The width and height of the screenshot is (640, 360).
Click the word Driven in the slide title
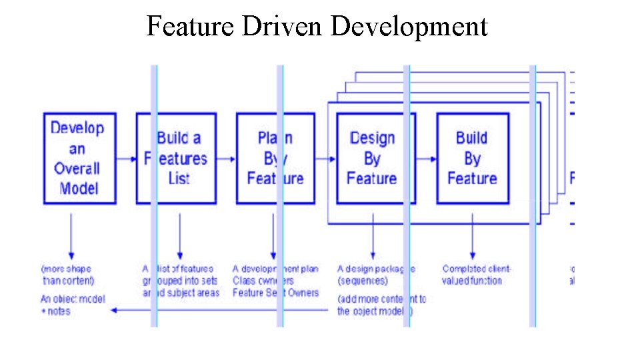(x=283, y=27)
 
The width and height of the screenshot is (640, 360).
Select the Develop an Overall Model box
(x=79, y=158)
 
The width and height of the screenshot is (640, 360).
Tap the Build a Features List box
(x=176, y=158)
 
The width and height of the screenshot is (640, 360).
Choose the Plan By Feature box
(x=275, y=158)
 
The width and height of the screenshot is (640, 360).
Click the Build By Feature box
(x=472, y=158)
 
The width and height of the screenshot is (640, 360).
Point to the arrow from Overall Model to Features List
(x=126, y=159)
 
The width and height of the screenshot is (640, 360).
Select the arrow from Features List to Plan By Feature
(x=226, y=159)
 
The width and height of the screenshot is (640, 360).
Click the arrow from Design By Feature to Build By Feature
(x=426, y=159)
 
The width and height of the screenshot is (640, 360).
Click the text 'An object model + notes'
(x=73, y=305)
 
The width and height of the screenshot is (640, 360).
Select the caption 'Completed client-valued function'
(x=476, y=275)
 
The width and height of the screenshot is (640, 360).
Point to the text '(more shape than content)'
(x=67, y=275)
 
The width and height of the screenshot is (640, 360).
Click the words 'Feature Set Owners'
(x=275, y=293)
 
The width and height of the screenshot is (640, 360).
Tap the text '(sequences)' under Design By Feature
(x=363, y=281)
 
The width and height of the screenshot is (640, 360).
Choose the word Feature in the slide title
(x=190, y=27)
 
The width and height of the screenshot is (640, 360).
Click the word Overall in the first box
(x=77, y=168)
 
